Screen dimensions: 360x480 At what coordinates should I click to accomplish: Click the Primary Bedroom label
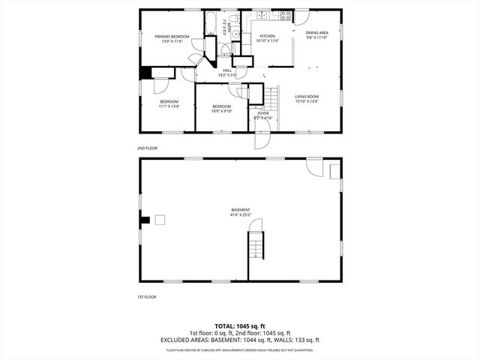pyautogui.click(x=172, y=38)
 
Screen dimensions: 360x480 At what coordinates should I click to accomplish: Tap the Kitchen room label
pyautogui.click(x=268, y=38)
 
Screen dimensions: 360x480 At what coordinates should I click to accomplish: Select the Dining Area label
pyautogui.click(x=316, y=34)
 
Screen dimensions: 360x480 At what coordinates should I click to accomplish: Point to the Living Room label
pyautogui.click(x=307, y=98)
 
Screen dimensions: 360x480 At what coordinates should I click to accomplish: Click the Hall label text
pyautogui.click(x=227, y=72)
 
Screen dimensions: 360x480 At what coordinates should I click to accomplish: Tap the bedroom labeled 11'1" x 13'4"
pyautogui.click(x=169, y=103)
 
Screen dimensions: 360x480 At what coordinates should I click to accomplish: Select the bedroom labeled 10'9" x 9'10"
pyautogui.click(x=222, y=109)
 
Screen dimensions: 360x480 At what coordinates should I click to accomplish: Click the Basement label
pyautogui.click(x=240, y=211)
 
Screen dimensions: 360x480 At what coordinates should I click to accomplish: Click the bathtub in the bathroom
pyautogui.click(x=211, y=23)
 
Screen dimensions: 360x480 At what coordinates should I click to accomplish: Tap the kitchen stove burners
pyautogui.click(x=285, y=16)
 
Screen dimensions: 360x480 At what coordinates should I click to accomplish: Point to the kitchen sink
pyautogui.click(x=263, y=16)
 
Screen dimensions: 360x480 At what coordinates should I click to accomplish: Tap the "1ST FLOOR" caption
pyautogui.click(x=146, y=297)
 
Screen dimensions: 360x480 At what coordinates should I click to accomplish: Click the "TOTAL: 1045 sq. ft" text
pyautogui.click(x=240, y=326)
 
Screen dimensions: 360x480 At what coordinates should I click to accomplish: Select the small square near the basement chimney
pyautogui.click(x=159, y=220)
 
